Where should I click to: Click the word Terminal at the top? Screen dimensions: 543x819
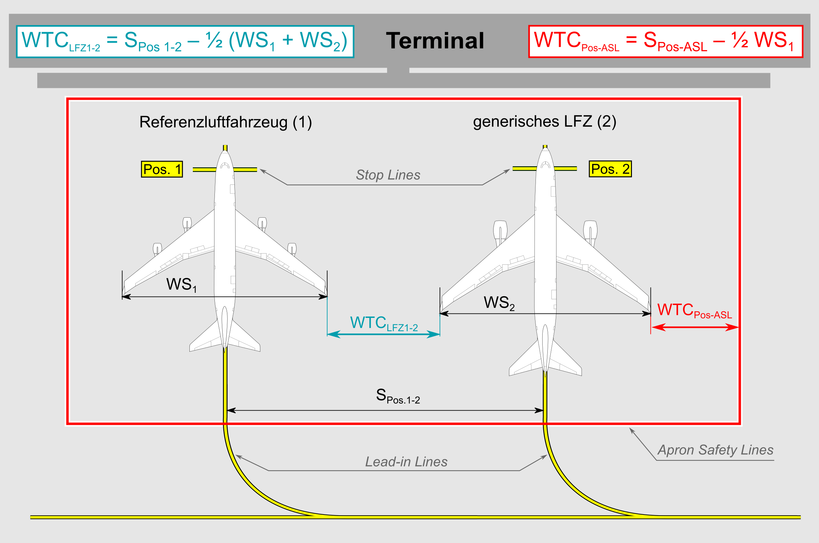tap(435, 41)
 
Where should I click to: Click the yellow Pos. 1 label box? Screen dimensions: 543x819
tap(162, 169)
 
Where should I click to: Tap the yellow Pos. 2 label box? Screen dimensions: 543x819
tap(610, 169)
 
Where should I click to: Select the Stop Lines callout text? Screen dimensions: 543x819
tap(388, 175)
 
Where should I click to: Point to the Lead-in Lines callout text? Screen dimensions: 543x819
tap(406, 462)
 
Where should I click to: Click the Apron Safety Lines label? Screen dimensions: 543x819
tap(715, 450)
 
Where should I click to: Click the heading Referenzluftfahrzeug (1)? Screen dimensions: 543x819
tap(226, 122)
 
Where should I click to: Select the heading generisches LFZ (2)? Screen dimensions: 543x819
tap(544, 122)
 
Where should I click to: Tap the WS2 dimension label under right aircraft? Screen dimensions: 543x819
tap(499, 303)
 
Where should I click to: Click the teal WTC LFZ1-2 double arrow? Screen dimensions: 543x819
tap(383, 334)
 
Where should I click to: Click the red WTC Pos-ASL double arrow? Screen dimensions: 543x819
tap(695, 327)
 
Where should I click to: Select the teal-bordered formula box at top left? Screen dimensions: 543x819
tap(185, 42)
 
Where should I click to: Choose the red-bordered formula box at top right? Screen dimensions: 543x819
tap(665, 42)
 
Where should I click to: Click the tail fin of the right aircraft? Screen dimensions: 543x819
tap(545, 350)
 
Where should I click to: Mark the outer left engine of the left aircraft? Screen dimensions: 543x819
tap(157, 248)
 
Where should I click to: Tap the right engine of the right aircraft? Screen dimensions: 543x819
tap(590, 230)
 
